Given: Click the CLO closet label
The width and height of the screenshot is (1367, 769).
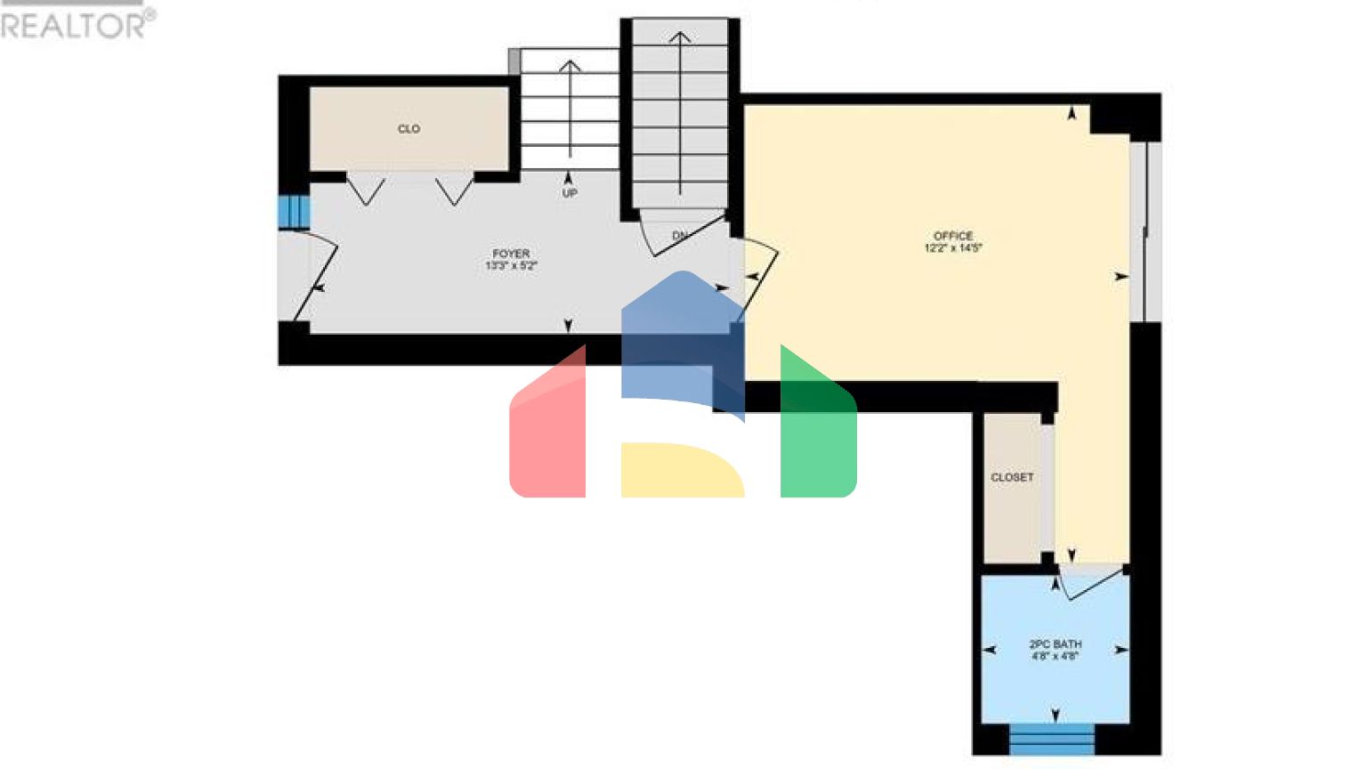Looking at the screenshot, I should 408,129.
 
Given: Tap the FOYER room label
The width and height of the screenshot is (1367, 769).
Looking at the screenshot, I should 511,254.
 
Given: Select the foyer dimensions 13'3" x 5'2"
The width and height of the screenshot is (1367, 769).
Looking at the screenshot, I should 511,266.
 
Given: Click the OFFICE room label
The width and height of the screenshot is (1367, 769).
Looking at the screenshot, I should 953,236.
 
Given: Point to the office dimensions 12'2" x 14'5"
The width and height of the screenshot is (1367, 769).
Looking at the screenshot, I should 953,248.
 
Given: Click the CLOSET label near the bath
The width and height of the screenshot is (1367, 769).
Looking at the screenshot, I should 1013,477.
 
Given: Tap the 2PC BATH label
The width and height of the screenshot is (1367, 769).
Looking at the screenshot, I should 1056,644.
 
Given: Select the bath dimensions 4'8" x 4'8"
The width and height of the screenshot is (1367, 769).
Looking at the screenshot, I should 1056,656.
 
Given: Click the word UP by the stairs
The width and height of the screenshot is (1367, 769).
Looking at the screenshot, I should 570,193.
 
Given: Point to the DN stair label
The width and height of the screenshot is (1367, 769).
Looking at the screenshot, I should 680,236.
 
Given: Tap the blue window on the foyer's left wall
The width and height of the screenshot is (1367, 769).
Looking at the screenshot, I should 293,212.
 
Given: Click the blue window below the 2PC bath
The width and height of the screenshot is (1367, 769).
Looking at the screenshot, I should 1052,740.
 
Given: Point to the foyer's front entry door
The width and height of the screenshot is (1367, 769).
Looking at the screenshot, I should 315,280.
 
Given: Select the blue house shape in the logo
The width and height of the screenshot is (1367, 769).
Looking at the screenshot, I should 681,338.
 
